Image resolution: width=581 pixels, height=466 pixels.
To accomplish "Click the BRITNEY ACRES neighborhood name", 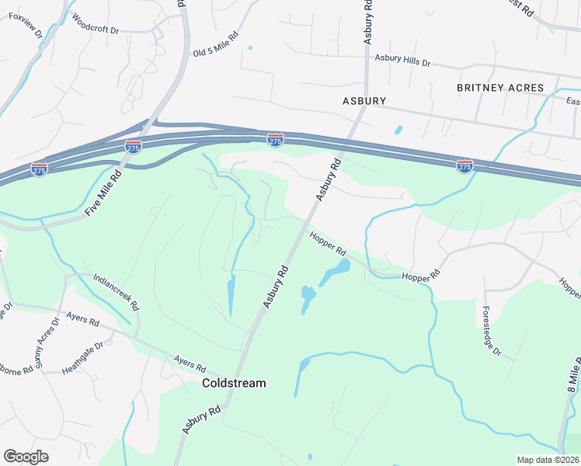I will (500, 88).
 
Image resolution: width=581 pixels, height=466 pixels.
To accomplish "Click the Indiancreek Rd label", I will (115, 290).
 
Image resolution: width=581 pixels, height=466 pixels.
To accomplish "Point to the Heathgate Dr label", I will (82, 357).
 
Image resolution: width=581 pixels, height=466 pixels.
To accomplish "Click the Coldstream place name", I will (233, 383).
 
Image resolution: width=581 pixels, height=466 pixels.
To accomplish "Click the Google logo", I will (26, 457).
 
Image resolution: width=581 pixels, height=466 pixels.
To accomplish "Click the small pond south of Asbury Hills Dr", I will (398, 130).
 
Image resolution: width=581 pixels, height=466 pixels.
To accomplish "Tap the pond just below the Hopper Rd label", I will (335, 271).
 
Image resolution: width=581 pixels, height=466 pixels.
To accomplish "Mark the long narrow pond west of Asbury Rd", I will (231, 295).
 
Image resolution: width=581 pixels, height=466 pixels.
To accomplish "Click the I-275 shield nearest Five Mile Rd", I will (133, 146).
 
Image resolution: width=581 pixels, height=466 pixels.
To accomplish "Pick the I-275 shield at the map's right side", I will (464, 165).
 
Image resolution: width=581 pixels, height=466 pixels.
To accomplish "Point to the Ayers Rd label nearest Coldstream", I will (190, 363).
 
